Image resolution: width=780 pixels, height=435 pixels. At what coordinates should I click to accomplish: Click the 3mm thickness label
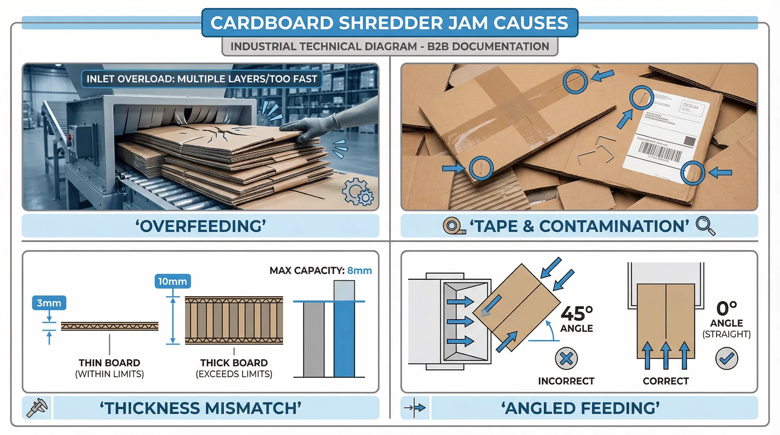point(49,303)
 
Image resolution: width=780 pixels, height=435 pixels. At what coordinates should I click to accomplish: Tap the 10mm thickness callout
point(173,281)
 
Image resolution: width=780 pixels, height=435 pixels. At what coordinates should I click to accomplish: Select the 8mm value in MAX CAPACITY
point(360,271)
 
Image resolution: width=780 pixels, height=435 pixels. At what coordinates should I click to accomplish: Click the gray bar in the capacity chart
point(314,339)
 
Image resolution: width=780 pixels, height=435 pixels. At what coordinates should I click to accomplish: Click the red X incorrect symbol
point(566,358)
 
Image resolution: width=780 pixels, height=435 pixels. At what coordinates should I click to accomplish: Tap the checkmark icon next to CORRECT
point(726,358)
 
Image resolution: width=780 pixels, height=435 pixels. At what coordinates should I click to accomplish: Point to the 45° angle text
point(576,314)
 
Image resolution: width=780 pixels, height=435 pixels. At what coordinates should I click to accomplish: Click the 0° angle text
point(726,308)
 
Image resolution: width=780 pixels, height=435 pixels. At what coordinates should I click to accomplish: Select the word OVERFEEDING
point(201,226)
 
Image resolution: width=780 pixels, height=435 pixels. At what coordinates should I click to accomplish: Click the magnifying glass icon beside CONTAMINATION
point(706,226)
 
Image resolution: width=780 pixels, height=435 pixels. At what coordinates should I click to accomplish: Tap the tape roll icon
point(453,226)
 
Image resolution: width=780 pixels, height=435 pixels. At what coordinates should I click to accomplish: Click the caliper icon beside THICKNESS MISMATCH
point(37,408)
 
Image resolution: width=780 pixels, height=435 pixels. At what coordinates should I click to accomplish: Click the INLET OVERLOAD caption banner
point(201,79)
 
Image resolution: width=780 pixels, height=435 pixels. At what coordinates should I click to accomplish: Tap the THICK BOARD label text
point(234,363)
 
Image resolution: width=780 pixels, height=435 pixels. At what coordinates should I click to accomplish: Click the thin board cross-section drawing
point(110,326)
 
